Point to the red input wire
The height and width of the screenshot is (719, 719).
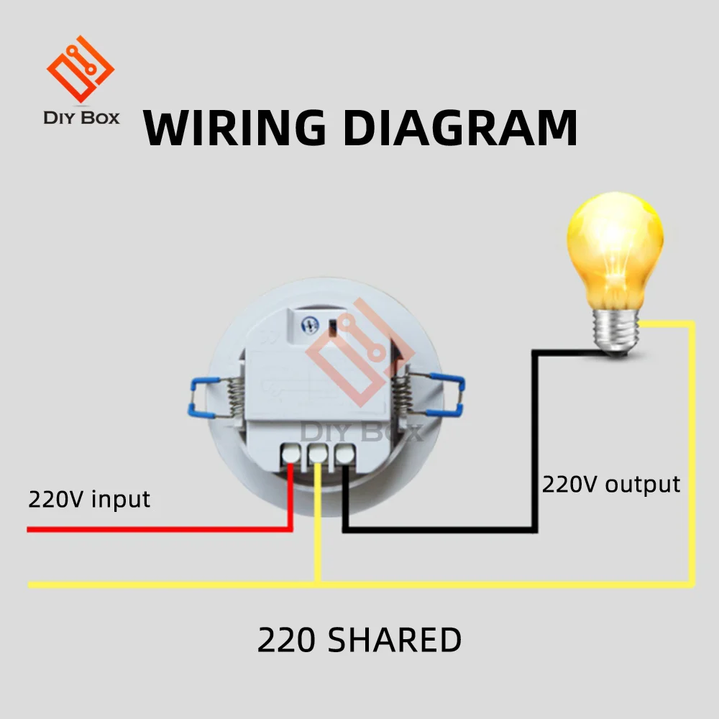pyautogui.click(x=144, y=530)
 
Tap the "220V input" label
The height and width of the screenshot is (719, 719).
pyautogui.click(x=89, y=498)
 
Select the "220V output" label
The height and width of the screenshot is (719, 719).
pyautogui.click(x=610, y=484)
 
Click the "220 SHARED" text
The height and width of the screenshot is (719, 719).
pyautogui.click(x=359, y=640)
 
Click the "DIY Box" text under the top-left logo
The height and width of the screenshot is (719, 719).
pyautogui.click(x=81, y=117)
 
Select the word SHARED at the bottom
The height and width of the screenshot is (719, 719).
pyautogui.click(x=395, y=640)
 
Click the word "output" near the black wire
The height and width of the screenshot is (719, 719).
pyautogui.click(x=642, y=484)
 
